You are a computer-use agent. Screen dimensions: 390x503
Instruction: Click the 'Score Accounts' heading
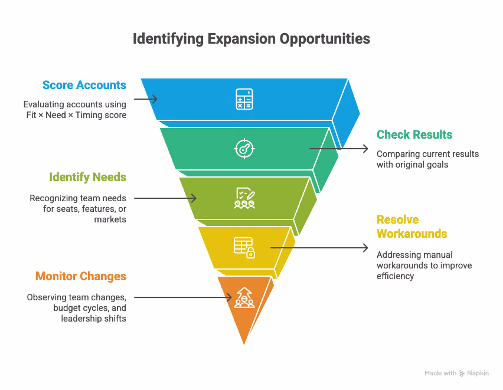pyautogui.click(x=84, y=85)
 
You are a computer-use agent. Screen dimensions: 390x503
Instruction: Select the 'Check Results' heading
pyautogui.click(x=414, y=135)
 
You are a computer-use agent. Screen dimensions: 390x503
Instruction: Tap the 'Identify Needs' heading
pyautogui.click(x=87, y=176)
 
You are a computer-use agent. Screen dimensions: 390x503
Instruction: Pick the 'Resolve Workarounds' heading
pyautogui.click(x=411, y=227)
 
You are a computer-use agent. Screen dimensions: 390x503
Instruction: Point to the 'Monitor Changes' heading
pyautogui.click(x=80, y=276)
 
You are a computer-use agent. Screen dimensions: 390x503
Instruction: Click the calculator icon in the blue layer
pyautogui.click(x=244, y=99)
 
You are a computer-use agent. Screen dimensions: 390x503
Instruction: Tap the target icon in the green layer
pyautogui.click(x=244, y=148)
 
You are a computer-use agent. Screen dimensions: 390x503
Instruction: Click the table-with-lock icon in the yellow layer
pyautogui.click(x=244, y=247)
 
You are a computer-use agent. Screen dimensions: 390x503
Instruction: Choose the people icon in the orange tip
pyautogui.click(x=244, y=297)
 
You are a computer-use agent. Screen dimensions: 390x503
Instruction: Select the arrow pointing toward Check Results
pyautogui.click(x=339, y=149)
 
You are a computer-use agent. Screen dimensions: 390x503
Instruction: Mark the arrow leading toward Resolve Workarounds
pyautogui.click(x=319, y=248)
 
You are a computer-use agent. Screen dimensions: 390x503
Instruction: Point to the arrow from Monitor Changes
pyautogui.click(x=183, y=297)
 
